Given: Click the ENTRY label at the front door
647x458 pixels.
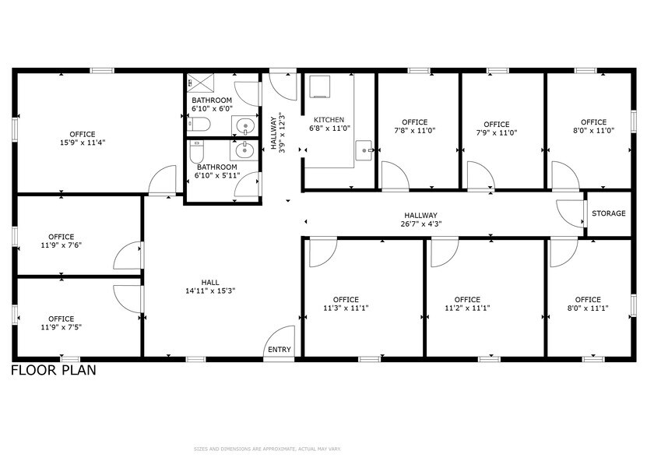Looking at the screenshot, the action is coord(280,350).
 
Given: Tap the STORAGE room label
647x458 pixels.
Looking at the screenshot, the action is coord(609,213).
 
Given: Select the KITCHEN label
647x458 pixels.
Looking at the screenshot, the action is coord(329,120).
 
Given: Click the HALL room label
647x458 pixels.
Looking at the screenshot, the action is coord(210,283).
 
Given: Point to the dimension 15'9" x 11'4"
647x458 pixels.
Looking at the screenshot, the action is coord(83,143).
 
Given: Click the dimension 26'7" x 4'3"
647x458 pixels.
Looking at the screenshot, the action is coord(420,224).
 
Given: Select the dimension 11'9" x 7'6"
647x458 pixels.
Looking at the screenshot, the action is coord(61,245).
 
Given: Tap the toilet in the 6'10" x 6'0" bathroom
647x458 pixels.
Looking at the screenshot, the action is coord(199,124).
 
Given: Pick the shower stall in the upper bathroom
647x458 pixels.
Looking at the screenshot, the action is coord(201,83).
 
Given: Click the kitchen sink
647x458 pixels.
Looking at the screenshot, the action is coord(364,151).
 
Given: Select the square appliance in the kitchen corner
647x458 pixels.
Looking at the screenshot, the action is coord(320,86).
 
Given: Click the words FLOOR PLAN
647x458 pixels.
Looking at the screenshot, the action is coord(53,370).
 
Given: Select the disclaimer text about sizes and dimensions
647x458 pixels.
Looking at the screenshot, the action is coord(267,449).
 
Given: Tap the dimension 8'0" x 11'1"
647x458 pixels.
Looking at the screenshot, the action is coord(588,308).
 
